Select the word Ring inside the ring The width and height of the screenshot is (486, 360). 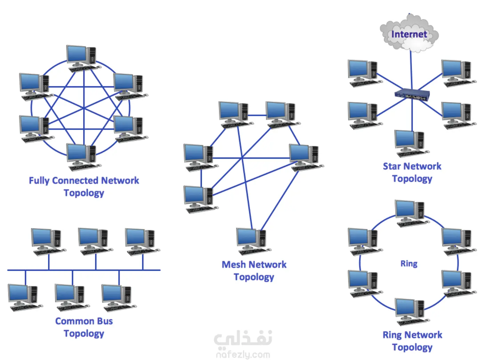[x=409, y=263]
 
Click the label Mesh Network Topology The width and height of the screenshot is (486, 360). [x=254, y=271]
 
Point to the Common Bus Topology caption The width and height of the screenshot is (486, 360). [x=84, y=327]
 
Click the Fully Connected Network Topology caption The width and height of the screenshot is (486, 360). [x=84, y=187]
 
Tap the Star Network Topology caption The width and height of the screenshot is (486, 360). [x=412, y=172]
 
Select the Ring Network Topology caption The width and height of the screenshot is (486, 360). [x=412, y=341]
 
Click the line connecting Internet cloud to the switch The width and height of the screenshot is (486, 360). [x=411, y=69]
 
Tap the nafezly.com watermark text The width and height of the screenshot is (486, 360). [x=243, y=355]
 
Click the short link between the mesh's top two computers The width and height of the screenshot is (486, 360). [x=257, y=115]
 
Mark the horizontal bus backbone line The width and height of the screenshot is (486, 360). [x=84, y=270]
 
